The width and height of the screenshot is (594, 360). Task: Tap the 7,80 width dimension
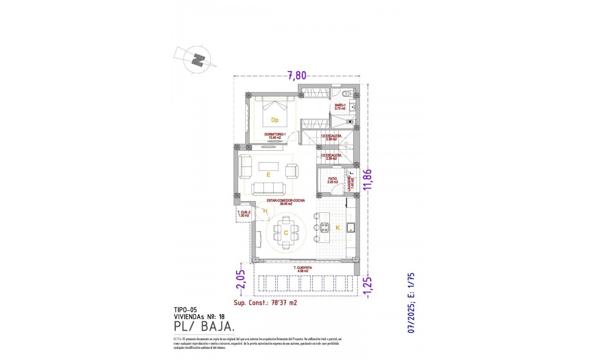coord(297,76)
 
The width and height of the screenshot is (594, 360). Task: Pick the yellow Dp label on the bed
coord(274,120)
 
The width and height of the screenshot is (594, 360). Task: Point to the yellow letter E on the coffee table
coord(268,174)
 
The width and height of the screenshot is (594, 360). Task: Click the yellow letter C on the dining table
coord(286,233)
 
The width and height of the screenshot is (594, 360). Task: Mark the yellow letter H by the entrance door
coord(265,211)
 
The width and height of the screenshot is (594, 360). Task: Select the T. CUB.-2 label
coord(243,214)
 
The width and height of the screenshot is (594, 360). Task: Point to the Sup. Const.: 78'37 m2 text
coord(265,303)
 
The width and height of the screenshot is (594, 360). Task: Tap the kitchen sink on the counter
coord(351,228)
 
